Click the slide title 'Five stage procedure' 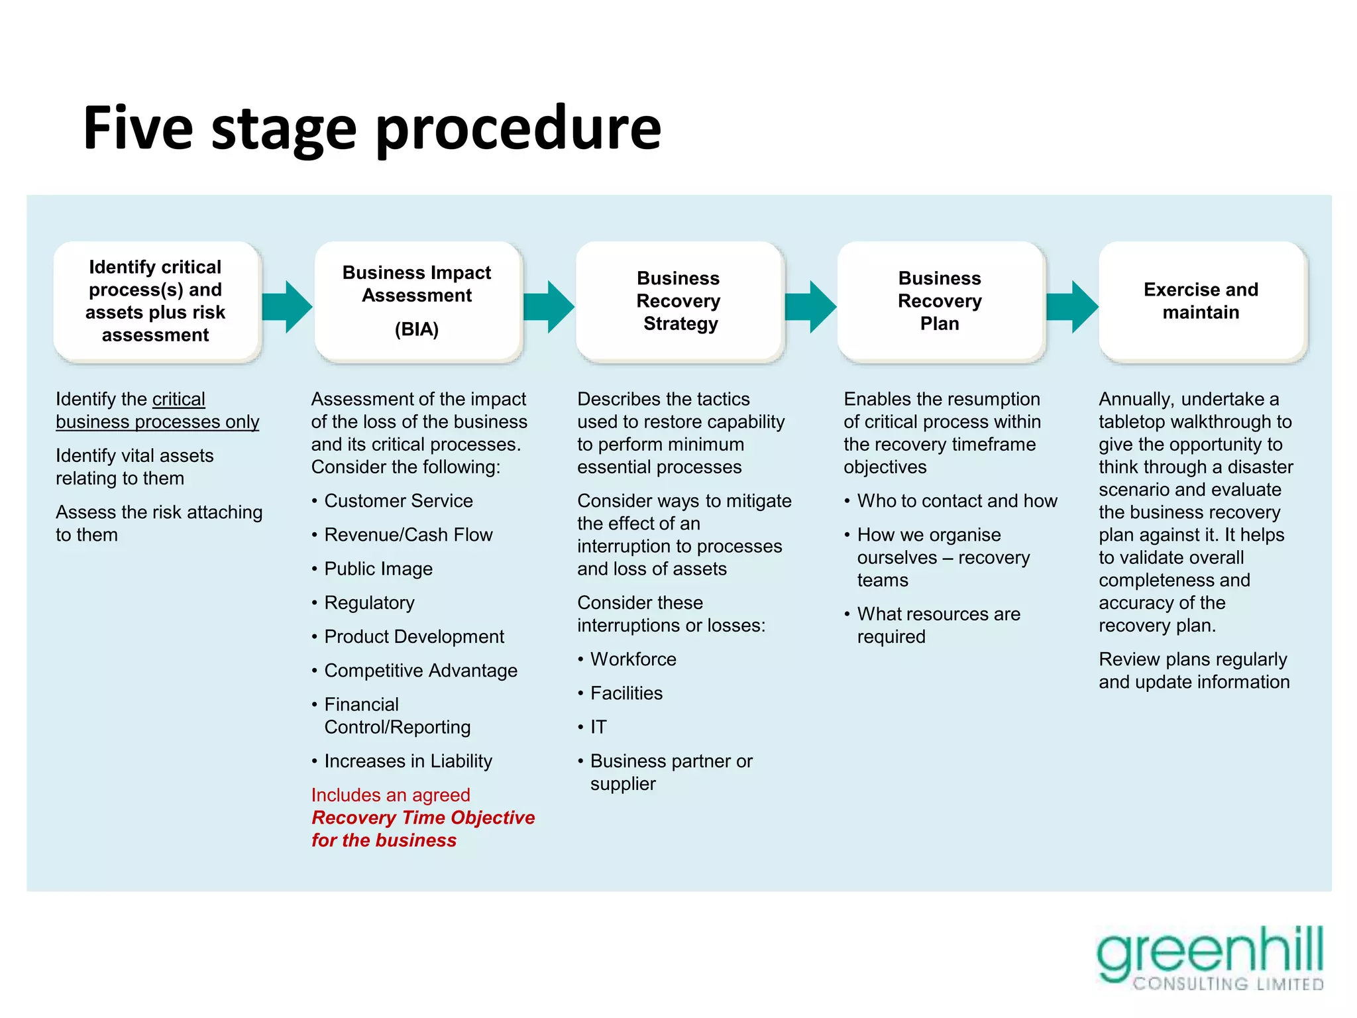[372, 127]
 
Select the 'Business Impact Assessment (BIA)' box [417, 302]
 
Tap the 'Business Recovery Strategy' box [678, 302]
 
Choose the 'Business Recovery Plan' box [940, 302]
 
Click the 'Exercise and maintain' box [1201, 302]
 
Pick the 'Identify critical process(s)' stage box [156, 302]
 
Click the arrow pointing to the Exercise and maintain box [1073, 306]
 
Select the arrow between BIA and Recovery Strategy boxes [549, 306]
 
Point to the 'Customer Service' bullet [398, 501]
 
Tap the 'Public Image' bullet [378, 569]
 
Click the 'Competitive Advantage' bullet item [421, 671]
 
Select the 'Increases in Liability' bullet [408, 761]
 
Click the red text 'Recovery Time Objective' [423, 818]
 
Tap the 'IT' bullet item [598, 727]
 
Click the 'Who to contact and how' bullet [957, 501]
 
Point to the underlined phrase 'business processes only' [158, 422]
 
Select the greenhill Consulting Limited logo [1210, 958]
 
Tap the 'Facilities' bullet [626, 693]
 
